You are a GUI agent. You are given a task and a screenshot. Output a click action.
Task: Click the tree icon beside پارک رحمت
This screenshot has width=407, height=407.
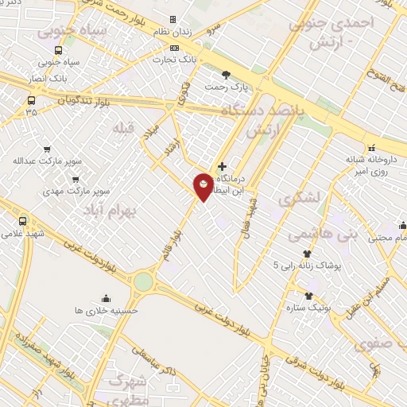coord(227,74)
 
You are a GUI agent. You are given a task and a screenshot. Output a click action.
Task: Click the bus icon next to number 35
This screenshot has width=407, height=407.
coord(31,101)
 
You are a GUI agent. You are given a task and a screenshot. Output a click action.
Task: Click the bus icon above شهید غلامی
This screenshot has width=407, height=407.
coord(22,221)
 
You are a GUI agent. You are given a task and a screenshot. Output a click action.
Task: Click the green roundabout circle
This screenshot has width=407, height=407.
coord(143,281)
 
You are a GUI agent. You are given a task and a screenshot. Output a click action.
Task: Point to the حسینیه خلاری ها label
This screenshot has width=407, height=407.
coord(107,309)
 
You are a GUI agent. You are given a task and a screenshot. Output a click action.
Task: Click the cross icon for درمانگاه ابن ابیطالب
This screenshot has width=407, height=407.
coord(222,166)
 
